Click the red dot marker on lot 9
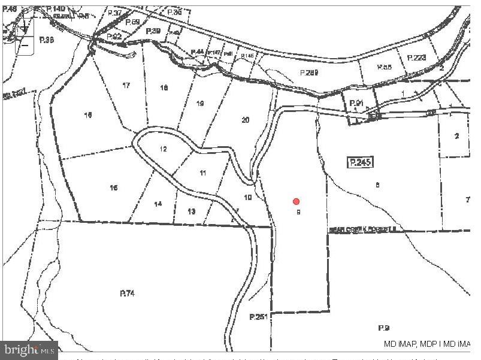click(296, 202)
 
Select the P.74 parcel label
click(127, 293)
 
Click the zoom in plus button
click(25, 28)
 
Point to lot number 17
click(126, 86)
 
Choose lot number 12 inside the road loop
click(163, 149)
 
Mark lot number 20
click(245, 120)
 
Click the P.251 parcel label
click(258, 317)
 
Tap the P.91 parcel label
click(357, 103)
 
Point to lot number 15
click(114, 188)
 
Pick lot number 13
click(191, 211)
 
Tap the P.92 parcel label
click(114, 37)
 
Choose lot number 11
click(203, 173)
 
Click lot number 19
click(200, 104)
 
